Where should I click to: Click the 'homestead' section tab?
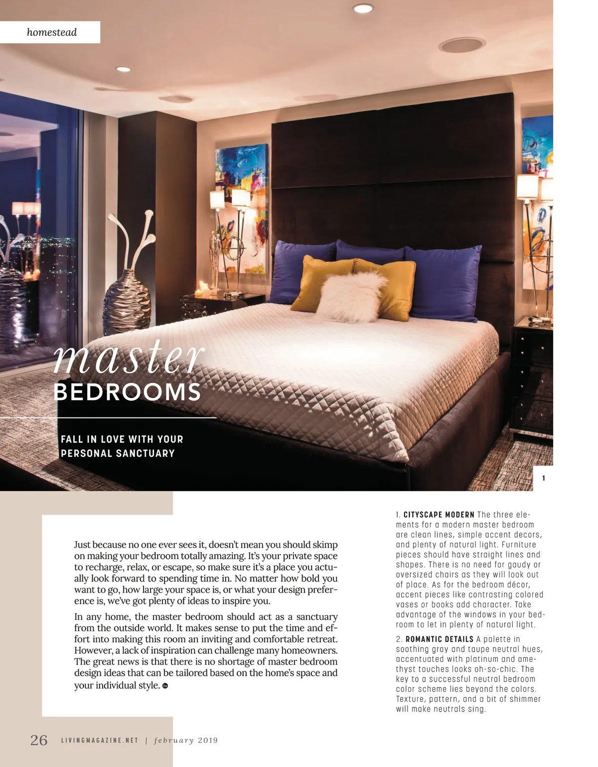[52, 32]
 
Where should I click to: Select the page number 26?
[39, 740]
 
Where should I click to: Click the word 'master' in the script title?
[129, 357]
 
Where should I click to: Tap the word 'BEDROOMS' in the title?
[127, 392]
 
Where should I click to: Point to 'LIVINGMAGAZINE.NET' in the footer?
[100, 741]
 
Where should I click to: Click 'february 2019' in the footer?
[186, 741]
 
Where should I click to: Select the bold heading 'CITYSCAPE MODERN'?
[439, 515]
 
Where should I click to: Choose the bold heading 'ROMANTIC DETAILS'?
[440, 639]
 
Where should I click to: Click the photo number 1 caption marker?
[543, 478]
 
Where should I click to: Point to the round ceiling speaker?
[461, 45]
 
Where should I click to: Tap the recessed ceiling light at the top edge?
[363, 8]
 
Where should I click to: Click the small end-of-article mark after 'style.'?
[165, 686]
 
